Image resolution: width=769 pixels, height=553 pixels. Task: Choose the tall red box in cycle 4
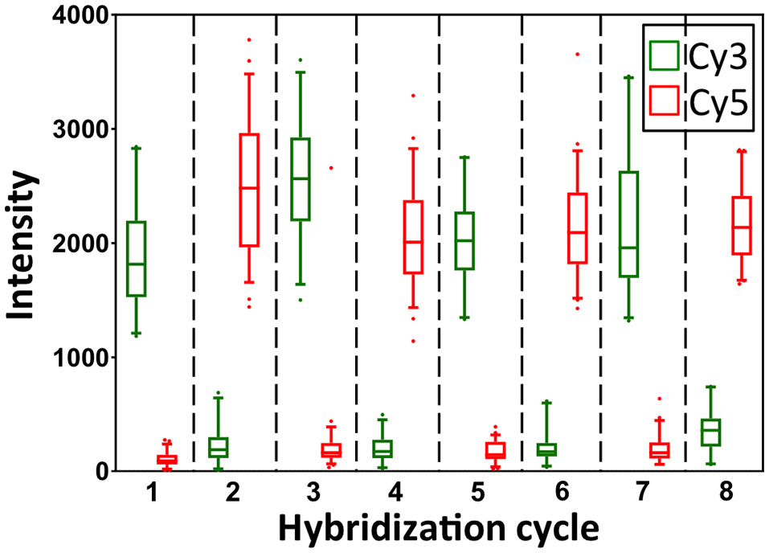click(x=414, y=237)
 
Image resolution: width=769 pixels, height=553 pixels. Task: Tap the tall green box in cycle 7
click(x=628, y=224)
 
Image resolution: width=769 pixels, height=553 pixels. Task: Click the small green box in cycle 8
click(x=710, y=432)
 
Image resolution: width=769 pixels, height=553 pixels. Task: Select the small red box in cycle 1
click(x=166, y=461)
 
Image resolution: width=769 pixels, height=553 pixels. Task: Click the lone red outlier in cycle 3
click(x=331, y=168)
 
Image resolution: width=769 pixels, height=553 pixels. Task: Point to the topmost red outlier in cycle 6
click(x=577, y=54)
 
